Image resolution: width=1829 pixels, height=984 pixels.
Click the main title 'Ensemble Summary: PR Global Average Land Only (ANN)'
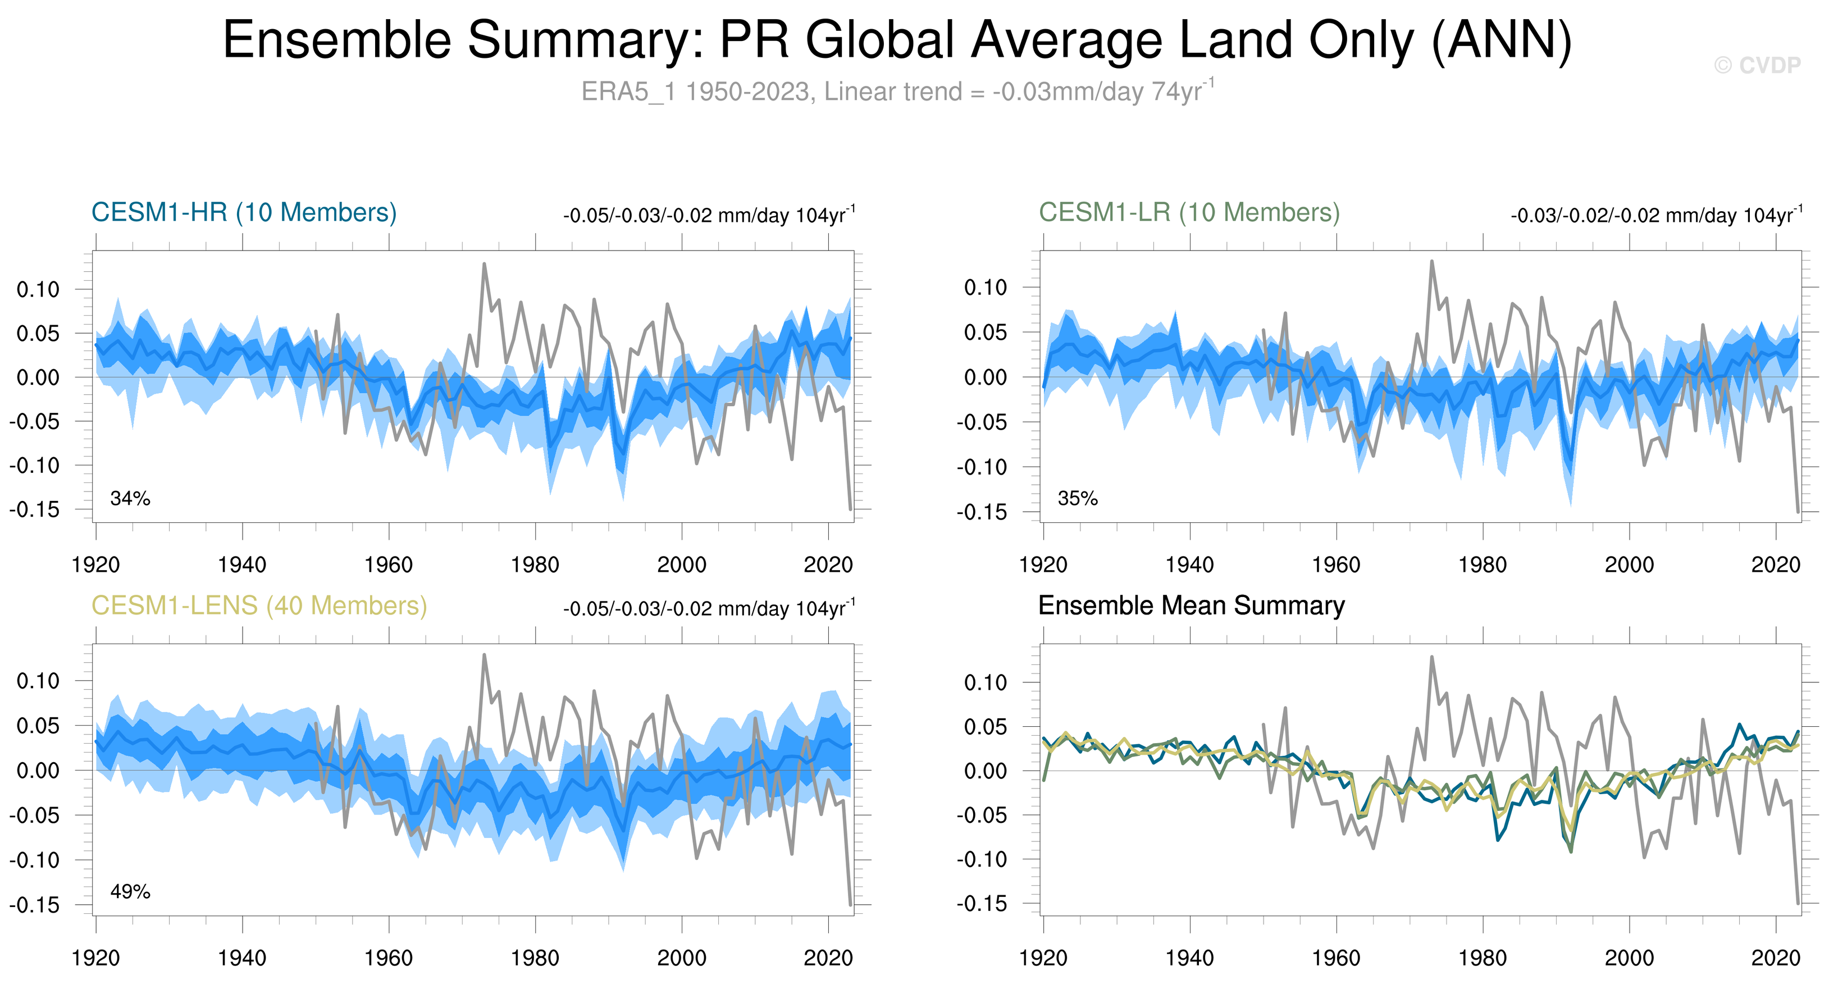[x=897, y=40]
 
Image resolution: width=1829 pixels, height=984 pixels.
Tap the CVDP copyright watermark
[x=1757, y=65]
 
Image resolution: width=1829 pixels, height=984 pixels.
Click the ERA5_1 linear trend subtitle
[x=897, y=92]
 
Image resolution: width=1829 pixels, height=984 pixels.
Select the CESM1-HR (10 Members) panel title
[x=244, y=212]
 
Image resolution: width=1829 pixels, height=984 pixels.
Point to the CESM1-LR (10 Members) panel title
[x=1189, y=212]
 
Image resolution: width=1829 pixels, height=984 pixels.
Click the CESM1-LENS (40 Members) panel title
[x=259, y=605]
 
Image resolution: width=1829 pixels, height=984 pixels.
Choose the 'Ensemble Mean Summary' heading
[x=1192, y=605]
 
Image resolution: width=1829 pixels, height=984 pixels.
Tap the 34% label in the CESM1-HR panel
[x=130, y=498]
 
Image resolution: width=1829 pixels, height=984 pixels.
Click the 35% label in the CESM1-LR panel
[x=1077, y=498]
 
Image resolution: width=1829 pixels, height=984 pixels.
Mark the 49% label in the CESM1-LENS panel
[x=130, y=892]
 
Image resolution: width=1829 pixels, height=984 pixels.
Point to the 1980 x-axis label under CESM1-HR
[x=535, y=565]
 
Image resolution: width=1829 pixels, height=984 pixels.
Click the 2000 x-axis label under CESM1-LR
[x=1629, y=565]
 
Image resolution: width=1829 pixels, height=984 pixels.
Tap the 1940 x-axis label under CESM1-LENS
[x=242, y=958]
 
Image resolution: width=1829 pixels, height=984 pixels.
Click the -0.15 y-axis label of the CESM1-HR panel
[x=35, y=510]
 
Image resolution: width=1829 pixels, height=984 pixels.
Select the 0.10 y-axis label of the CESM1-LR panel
[x=986, y=288]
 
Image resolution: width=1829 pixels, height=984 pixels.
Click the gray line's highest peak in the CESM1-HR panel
[x=484, y=263]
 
